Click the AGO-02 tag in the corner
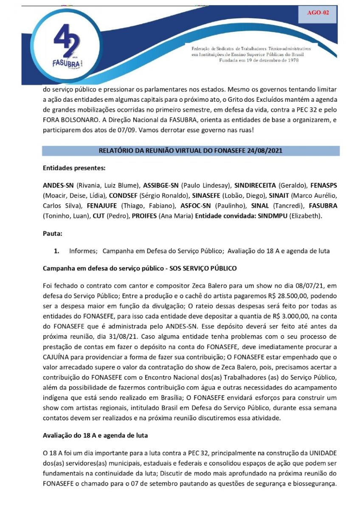[318, 13]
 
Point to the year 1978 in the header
[292, 61]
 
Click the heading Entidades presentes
[74, 168]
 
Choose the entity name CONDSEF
[122, 196]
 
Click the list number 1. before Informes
[56, 251]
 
